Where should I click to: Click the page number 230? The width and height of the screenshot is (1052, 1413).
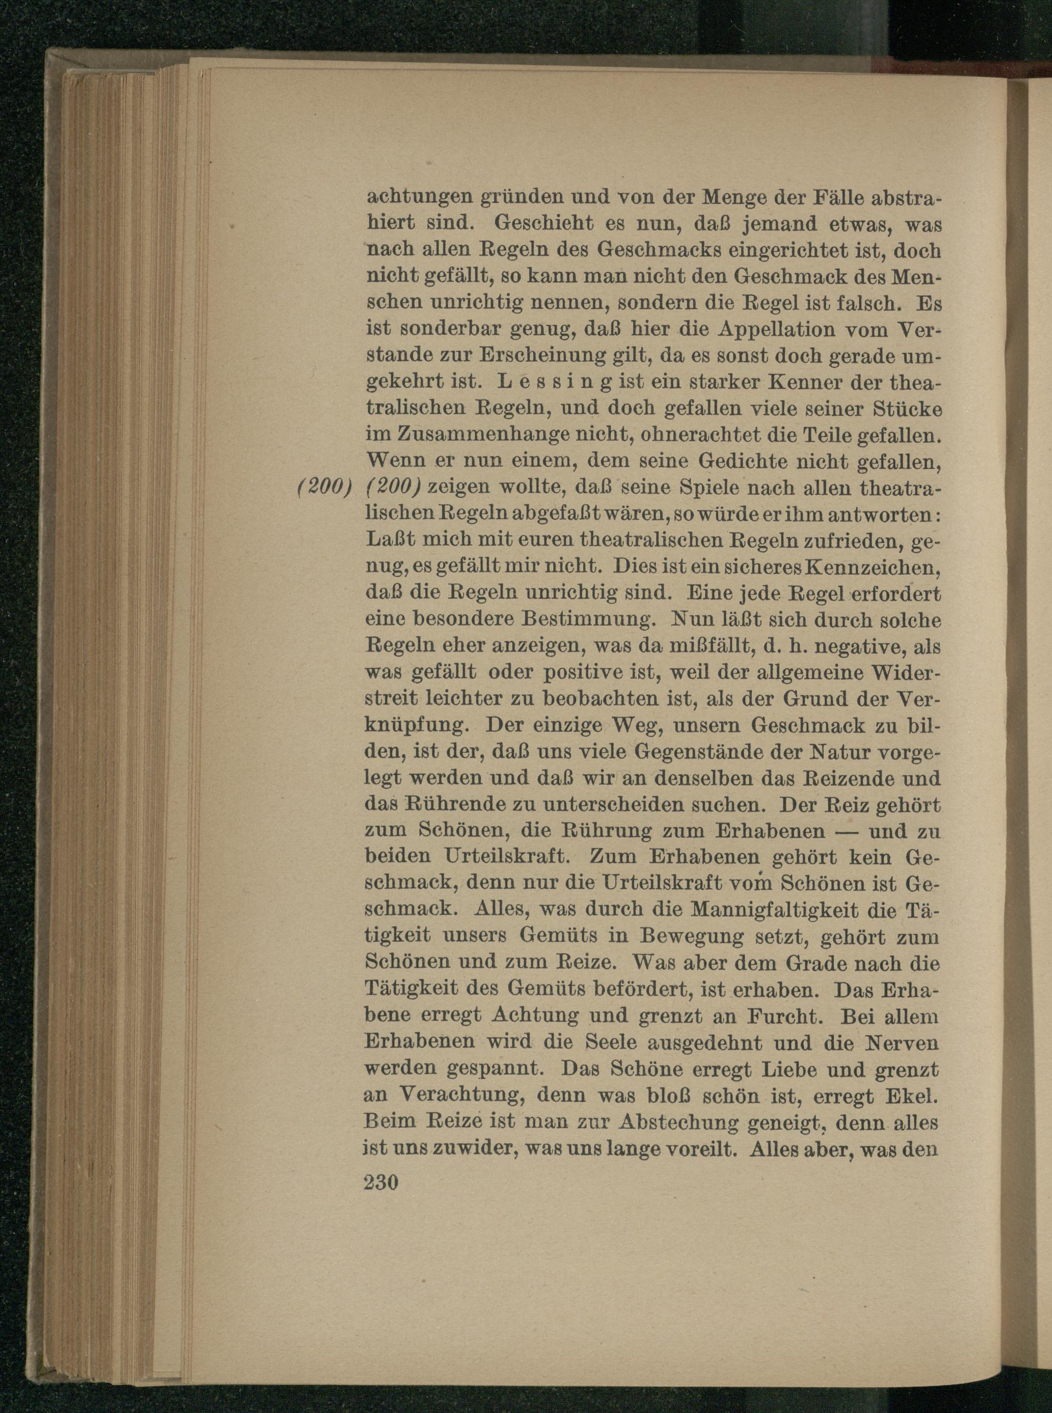(x=381, y=1182)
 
